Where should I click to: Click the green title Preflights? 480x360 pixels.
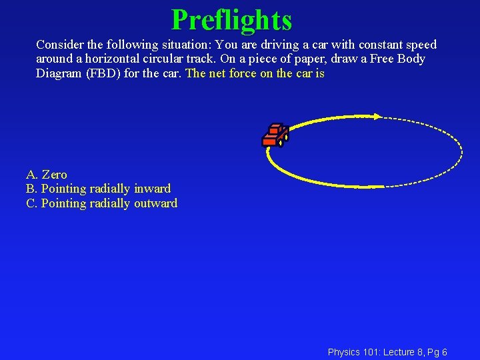point(231,20)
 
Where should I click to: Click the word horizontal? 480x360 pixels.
point(113,59)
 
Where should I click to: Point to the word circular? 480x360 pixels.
point(162,59)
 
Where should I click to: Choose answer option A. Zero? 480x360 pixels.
point(46,175)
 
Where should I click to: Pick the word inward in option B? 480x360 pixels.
point(152,189)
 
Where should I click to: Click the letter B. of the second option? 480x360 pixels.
point(31,189)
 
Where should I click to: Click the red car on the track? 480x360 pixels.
point(274,135)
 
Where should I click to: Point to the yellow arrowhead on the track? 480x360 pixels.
point(377,116)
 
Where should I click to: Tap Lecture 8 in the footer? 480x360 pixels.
point(401,351)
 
